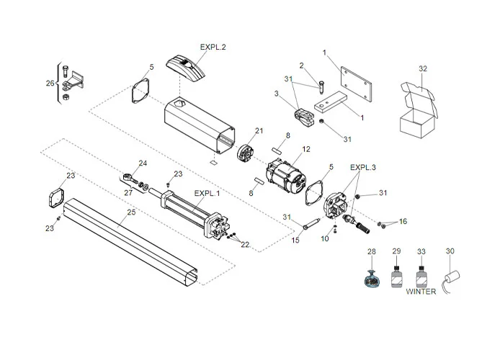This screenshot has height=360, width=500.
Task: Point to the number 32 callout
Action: click(x=422, y=68)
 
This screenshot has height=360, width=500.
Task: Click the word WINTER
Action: click(x=421, y=292)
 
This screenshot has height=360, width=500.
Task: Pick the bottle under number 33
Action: click(x=421, y=276)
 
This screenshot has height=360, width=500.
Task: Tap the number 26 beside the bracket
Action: click(x=49, y=83)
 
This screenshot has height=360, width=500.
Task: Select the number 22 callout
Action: click(x=245, y=245)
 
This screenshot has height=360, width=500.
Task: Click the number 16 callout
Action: click(x=403, y=221)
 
